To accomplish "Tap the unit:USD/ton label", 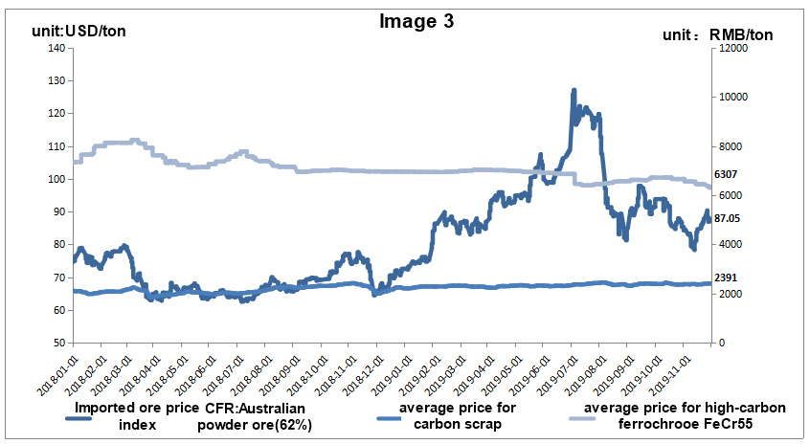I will (x=79, y=32).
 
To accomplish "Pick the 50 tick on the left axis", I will (x=57, y=343).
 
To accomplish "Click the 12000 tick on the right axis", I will (x=731, y=48).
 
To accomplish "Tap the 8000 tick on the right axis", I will (x=729, y=146).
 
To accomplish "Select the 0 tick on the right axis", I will (x=719, y=343).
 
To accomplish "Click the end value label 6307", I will (x=729, y=175).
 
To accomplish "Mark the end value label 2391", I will (x=729, y=277).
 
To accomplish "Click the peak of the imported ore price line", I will (x=573, y=90).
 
